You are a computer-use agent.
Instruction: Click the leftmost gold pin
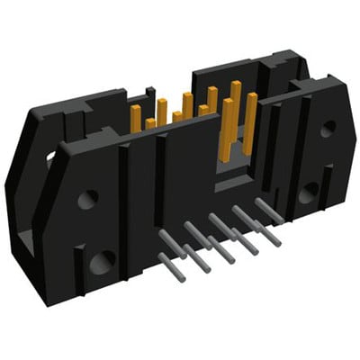[x=137, y=116]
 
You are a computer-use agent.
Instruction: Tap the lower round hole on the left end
[x=101, y=262]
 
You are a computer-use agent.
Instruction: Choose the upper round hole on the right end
[x=328, y=129]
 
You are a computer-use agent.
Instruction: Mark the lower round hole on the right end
[x=310, y=191]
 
